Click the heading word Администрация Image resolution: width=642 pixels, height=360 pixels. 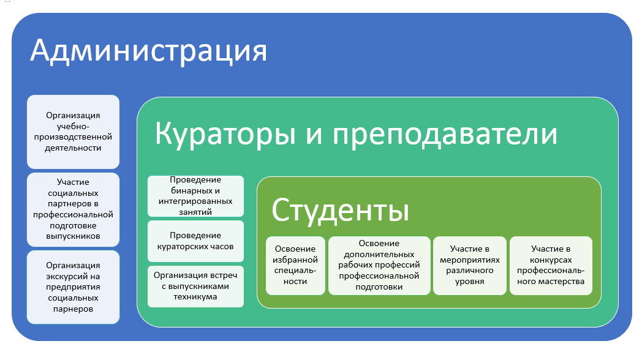tap(148, 51)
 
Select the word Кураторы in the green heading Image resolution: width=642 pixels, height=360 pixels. tap(225, 133)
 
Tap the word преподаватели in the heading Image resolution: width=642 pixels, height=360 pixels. tap(445, 133)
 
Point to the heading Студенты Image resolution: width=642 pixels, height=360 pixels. tap(340, 210)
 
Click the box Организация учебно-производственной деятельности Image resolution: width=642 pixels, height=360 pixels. tap(74, 132)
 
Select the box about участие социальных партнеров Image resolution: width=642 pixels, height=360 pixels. tap(74, 209)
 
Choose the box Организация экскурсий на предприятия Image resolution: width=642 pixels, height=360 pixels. tap(74, 287)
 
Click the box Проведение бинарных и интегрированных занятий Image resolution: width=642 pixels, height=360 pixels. tap(195, 196)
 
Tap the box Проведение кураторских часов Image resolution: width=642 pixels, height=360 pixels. tap(195, 241)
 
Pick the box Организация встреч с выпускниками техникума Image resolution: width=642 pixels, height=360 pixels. tap(195, 287)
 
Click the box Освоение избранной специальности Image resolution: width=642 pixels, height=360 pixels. tap(295, 266)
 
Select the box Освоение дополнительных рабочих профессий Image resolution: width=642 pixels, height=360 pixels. tap(379, 266)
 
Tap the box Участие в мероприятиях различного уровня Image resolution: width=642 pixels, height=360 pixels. tap(470, 266)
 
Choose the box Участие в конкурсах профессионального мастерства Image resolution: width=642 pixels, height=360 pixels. tap(551, 266)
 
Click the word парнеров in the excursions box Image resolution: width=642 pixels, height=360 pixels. tap(74, 309)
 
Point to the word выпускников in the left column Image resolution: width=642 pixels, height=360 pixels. tap(74, 236)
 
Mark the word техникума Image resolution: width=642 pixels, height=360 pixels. tap(195, 296)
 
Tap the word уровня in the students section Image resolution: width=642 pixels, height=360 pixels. tap(470, 282)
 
